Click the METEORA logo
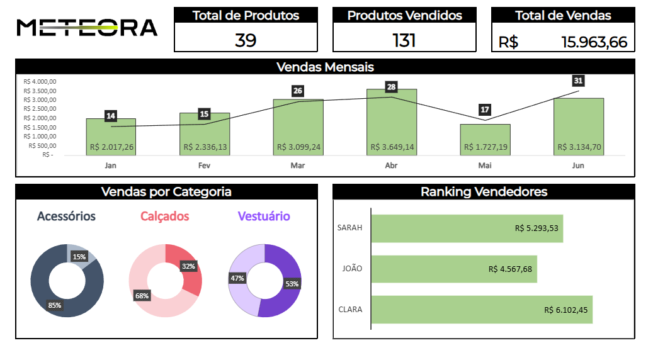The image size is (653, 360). [87, 28]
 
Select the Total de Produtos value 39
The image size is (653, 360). [246, 40]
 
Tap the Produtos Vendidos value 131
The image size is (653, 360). [404, 40]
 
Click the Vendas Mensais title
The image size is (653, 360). [325, 67]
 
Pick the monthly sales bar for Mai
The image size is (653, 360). [485, 139]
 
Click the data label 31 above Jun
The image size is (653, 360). [578, 81]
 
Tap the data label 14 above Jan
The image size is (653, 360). [111, 116]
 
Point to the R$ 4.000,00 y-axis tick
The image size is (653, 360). [40, 81]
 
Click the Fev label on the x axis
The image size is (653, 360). [204, 166]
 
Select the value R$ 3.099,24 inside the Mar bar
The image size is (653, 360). [298, 147]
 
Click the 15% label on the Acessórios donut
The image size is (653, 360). [79, 257]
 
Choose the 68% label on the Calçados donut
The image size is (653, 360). [142, 295]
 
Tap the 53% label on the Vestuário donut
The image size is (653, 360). [292, 284]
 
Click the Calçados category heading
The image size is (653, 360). [164, 217]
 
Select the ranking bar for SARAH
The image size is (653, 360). [467, 228]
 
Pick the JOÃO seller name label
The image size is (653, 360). [352, 269]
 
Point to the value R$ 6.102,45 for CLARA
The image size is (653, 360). [565, 310]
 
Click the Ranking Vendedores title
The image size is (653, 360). [484, 192]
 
